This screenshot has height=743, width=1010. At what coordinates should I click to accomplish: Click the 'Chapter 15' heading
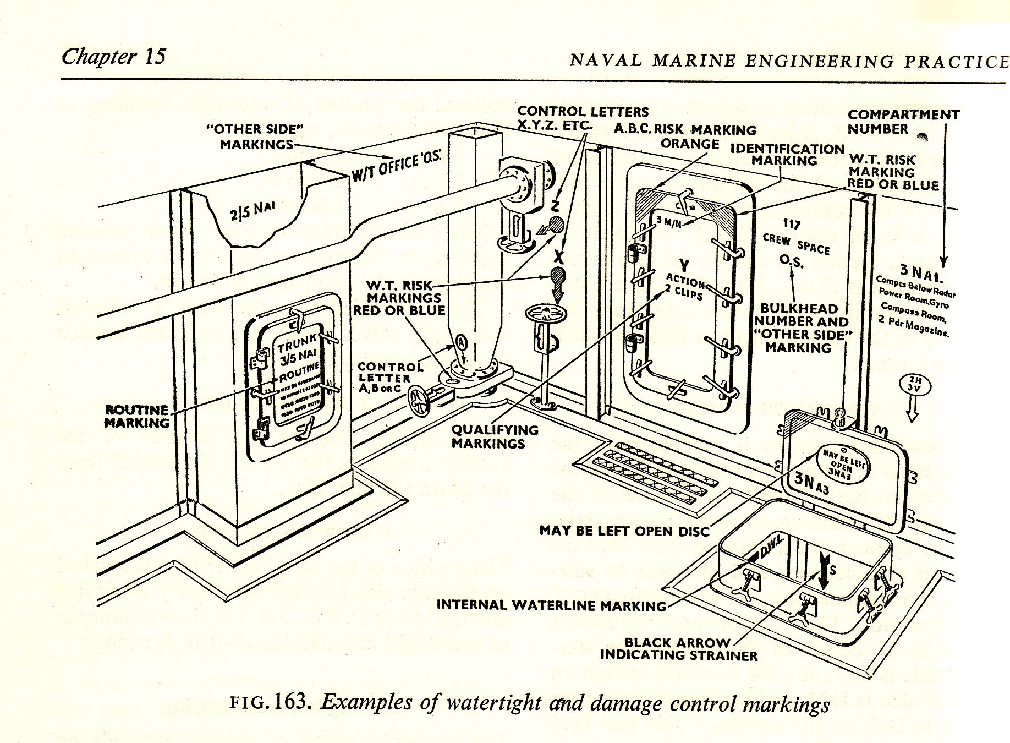coord(113,57)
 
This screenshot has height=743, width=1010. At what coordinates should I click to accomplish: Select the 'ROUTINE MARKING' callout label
coord(137,417)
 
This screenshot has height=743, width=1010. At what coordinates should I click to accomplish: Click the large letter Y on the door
coord(684,264)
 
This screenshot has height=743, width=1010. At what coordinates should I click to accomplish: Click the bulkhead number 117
coord(792,225)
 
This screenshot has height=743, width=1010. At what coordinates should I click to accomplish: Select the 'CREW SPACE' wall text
coord(795,244)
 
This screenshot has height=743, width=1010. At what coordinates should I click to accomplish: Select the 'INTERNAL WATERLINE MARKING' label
coord(551,605)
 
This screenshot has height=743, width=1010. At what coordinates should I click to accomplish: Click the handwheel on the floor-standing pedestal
coord(541,316)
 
